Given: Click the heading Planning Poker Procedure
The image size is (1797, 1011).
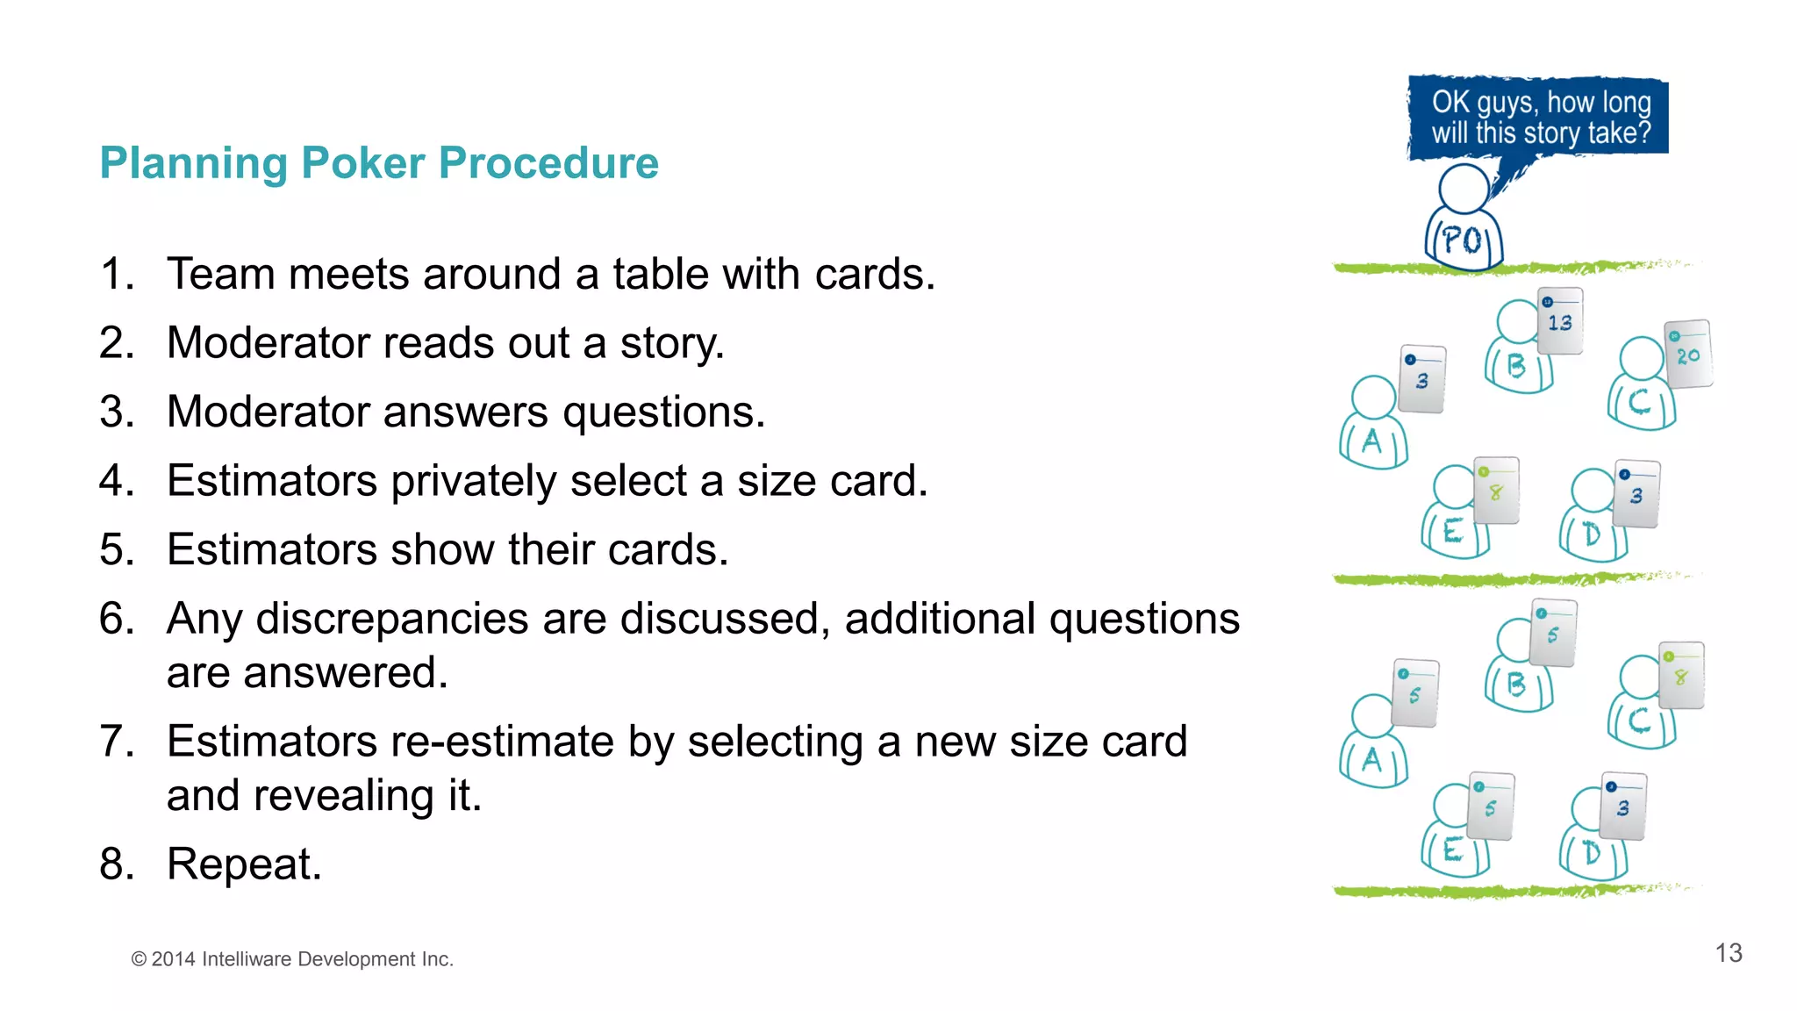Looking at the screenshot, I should point(378,163).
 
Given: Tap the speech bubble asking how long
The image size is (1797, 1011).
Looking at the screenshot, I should point(1540,118).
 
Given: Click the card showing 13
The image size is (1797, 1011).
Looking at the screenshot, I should point(1560,321).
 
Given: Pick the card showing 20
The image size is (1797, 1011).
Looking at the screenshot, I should point(1687,355).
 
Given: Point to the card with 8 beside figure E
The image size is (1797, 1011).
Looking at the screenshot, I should point(1496,491).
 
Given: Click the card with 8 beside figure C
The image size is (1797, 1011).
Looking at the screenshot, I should point(1681,676).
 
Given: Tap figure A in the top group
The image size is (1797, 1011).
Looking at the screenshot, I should point(1373,426).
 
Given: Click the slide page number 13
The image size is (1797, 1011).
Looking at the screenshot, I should point(1728,953).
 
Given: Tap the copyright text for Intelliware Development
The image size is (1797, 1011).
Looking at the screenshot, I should point(292,959).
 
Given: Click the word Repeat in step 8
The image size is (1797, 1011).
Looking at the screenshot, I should point(243,864).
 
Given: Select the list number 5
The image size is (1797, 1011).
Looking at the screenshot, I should point(117,549).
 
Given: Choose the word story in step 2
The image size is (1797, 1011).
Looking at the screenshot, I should point(670,343).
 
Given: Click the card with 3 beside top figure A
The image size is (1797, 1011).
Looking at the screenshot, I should point(1421,379).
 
